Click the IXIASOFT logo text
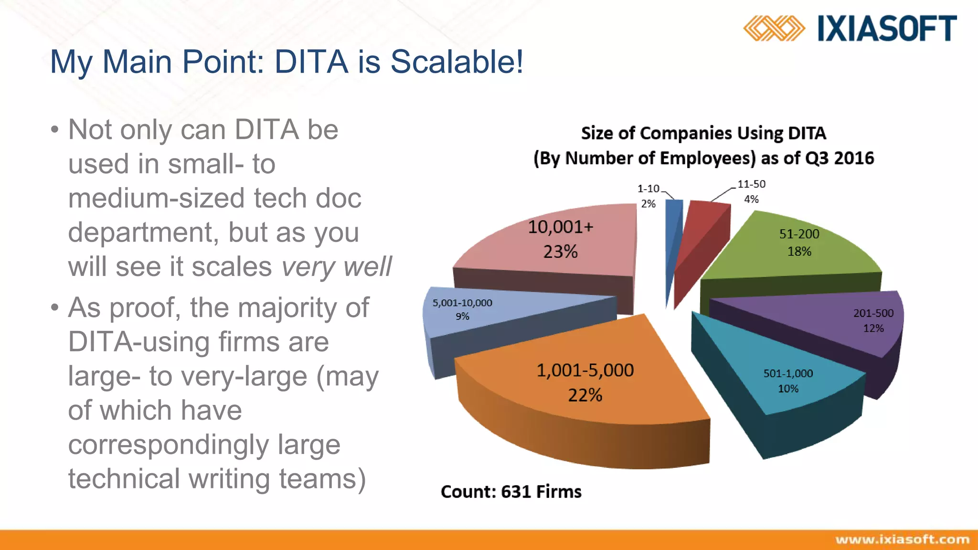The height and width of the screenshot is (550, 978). (887, 28)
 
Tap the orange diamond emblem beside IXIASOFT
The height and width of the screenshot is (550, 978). (774, 28)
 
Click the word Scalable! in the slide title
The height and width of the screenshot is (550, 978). (457, 62)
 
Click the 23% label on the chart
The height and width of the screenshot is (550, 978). (560, 252)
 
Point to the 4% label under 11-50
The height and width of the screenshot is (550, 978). (751, 199)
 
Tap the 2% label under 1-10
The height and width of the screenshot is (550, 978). (648, 204)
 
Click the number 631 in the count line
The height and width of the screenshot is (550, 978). (517, 492)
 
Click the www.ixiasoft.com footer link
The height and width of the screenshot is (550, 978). (902, 539)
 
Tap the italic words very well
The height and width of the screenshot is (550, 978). (336, 266)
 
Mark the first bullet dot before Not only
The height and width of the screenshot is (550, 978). (55, 130)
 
